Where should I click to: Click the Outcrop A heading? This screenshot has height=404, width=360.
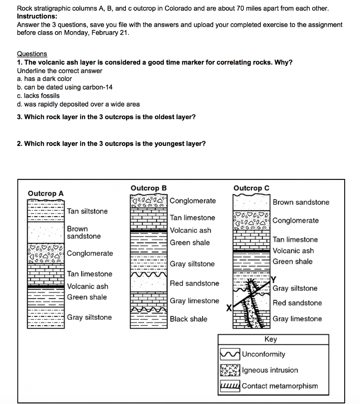pos(45,193)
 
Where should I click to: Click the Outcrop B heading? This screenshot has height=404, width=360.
pos(149,188)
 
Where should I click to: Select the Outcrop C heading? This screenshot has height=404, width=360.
pos(251,188)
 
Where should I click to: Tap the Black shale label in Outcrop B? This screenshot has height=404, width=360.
pos(188,319)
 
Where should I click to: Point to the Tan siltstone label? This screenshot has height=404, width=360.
pos(87,211)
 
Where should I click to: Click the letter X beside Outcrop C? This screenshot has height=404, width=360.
pos(228,308)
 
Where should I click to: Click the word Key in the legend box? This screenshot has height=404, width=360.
pos(271,339)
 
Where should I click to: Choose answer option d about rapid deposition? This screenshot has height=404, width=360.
pos(78,104)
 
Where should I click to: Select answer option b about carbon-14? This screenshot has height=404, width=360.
pos(65,87)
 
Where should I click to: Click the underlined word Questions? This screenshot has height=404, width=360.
pos(32,54)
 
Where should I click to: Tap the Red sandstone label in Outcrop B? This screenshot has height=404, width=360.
pos(194,283)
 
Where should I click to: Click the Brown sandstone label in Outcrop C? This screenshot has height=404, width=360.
pos(301,202)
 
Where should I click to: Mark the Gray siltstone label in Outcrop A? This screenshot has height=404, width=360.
pos(89,317)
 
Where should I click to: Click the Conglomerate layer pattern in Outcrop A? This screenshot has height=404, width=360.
pos(45,253)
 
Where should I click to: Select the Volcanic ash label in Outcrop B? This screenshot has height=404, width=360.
pos(190,230)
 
